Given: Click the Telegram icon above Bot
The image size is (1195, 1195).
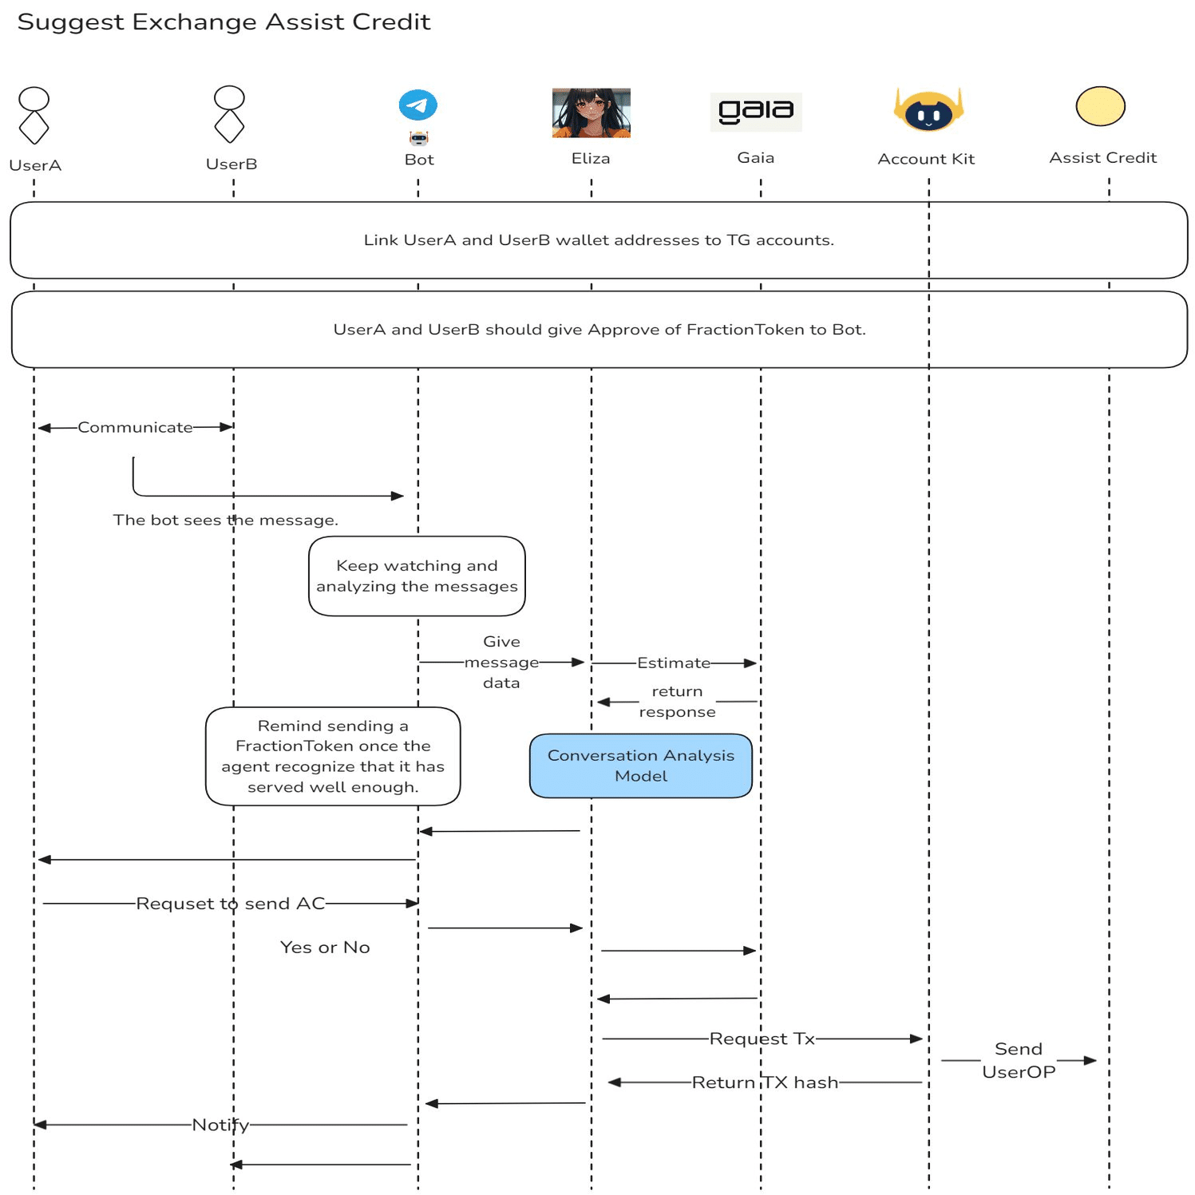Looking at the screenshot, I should click(x=417, y=105).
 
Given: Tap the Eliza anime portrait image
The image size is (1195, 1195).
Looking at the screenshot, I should click(x=591, y=113).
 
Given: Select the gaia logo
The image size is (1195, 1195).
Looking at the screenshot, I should click(x=755, y=112).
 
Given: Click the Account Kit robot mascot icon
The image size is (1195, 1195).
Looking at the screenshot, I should click(x=928, y=111).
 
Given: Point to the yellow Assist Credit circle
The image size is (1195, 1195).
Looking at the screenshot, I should click(x=1100, y=106).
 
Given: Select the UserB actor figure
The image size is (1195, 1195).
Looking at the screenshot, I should click(x=229, y=114).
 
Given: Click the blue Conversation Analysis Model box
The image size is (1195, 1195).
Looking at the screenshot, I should click(x=640, y=766).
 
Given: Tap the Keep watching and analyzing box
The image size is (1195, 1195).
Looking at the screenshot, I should click(x=417, y=576).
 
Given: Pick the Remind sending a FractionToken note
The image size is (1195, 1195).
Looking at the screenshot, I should click(x=333, y=756).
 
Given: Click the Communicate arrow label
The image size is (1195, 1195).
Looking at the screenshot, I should click(x=135, y=428).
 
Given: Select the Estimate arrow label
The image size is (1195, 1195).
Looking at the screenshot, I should click(x=673, y=663).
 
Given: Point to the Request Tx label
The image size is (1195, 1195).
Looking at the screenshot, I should click(x=762, y=1039).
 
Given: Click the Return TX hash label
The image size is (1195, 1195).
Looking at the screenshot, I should click(x=765, y=1082).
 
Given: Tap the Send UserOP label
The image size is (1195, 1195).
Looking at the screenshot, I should click(x=1019, y=1060).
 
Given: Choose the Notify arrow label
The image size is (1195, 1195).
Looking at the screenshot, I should click(x=220, y=1125).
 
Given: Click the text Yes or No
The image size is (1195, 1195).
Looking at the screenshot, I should click(x=325, y=948).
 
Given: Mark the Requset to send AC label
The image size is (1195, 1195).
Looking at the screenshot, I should click(x=231, y=904).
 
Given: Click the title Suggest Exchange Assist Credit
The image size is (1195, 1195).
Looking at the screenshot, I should click(x=224, y=22).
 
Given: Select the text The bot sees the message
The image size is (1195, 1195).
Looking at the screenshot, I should click(x=225, y=520).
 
